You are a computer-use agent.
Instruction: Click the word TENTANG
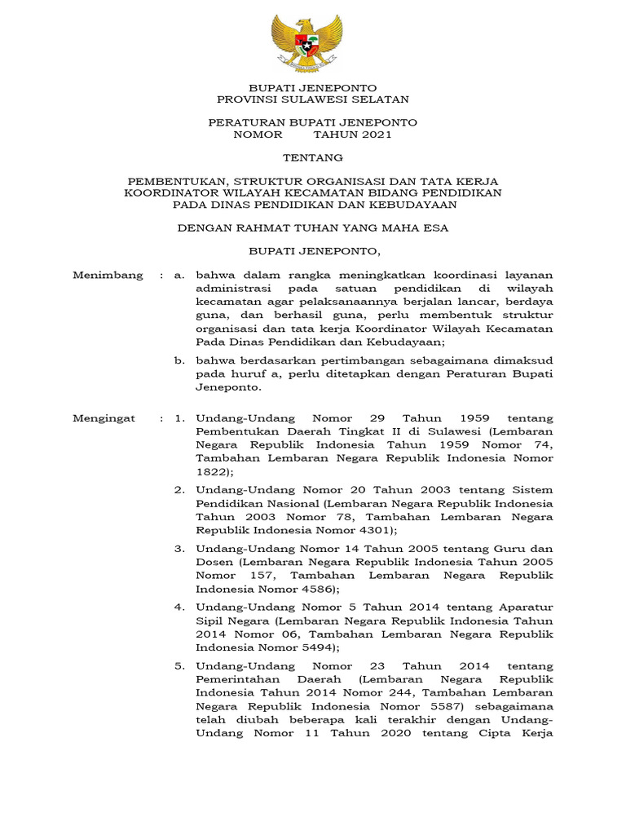[x=313, y=157]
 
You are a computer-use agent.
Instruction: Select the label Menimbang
[x=108, y=276]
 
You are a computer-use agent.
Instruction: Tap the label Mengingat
[x=107, y=417]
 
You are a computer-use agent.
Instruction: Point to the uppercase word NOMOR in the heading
[x=258, y=135]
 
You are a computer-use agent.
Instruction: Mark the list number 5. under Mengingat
[x=179, y=666]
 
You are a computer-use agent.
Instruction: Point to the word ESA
[x=434, y=228]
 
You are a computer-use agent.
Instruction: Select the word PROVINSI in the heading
[x=247, y=99]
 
